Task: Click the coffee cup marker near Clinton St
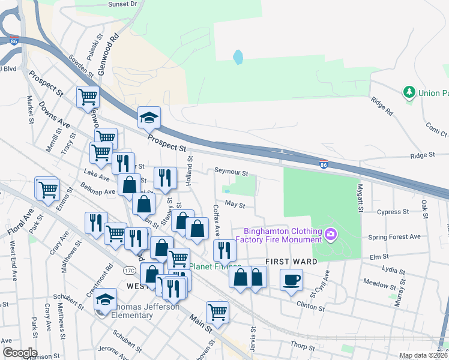point(291,280)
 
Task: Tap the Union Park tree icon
point(409,92)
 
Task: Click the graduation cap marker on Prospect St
point(148,118)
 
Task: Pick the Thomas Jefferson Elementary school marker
point(105,299)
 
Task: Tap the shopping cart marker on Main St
point(217,311)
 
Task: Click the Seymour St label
point(232,173)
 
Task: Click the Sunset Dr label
point(122,4)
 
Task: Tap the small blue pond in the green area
point(238,58)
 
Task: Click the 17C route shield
point(129,270)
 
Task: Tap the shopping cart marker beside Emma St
point(48,190)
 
